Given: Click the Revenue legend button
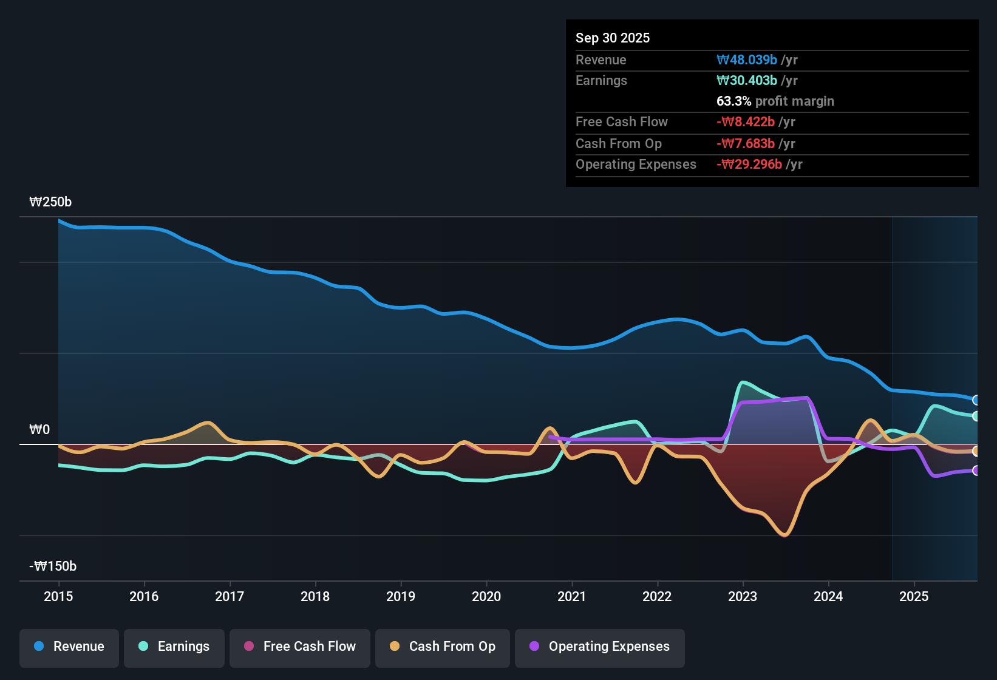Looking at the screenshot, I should pos(69,647).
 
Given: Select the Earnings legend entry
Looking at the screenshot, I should pos(174,647).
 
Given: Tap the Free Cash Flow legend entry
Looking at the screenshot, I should pos(300,647).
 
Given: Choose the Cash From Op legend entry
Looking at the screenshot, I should pos(443,647).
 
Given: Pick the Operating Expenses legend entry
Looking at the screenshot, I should pos(600,647).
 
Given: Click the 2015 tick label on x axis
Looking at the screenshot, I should pos(58,597).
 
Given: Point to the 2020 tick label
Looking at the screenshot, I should pos(486,597).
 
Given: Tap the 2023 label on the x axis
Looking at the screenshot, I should pos(743,597).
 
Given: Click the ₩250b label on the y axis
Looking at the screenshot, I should pos(50,202).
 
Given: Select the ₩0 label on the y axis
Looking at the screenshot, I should pos(39,430).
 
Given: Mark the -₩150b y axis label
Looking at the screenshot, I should pos(53,566).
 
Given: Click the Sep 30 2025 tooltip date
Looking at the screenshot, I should pos(613,38).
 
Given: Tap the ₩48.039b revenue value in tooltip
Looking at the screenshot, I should pos(747,60).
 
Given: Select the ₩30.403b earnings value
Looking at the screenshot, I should pos(747,81).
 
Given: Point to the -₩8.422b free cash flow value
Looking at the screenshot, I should pos(746,122).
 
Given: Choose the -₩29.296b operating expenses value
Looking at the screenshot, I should pos(749,165).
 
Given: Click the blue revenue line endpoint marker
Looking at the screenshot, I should pos(976,400).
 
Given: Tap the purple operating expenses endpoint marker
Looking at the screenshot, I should pos(976,471).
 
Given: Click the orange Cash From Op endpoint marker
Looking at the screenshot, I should pos(976,451).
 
